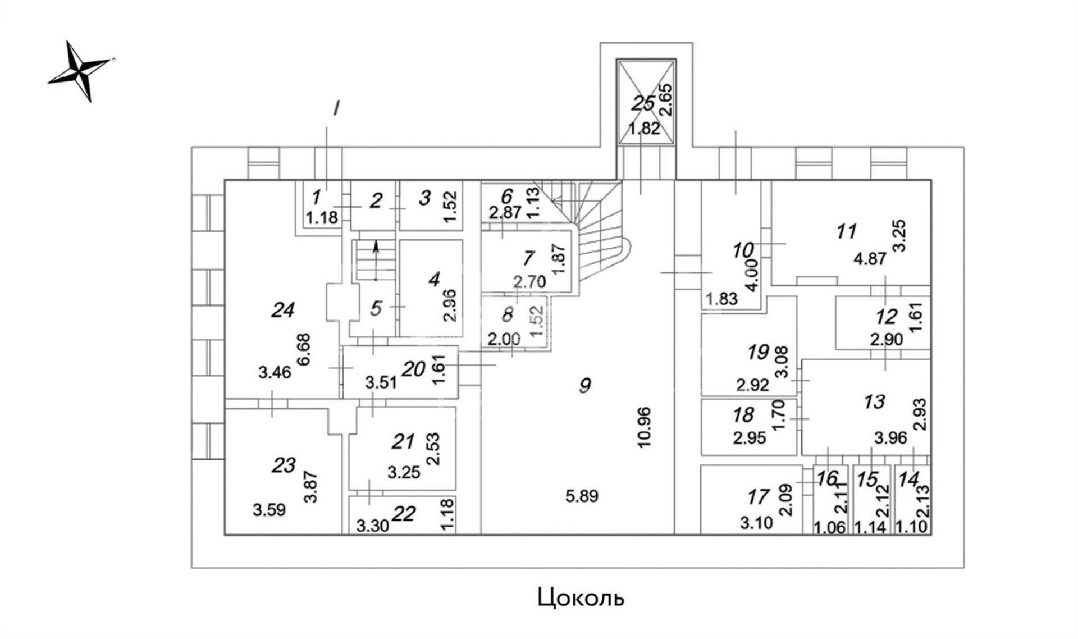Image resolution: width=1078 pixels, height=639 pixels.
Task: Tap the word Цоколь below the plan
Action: coord(580,598)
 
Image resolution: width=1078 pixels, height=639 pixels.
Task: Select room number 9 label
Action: coord(585,385)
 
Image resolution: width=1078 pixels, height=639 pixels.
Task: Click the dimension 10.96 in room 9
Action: coord(644,427)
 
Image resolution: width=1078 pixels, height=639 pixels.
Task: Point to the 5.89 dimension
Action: coord(582,496)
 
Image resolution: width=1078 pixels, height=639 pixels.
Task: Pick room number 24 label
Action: coord(282,309)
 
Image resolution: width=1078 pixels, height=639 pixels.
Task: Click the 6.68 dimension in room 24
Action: coord(304,350)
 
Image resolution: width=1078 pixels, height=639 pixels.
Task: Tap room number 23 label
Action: coord(284,465)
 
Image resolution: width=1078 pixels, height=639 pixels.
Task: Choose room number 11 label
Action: coord(846,231)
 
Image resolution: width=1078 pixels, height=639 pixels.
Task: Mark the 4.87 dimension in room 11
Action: coord(870,259)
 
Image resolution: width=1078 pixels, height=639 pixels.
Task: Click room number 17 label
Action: coord(759,497)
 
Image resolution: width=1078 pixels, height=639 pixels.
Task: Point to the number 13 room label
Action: coord(874,401)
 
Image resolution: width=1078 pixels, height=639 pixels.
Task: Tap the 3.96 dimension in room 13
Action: coord(890,437)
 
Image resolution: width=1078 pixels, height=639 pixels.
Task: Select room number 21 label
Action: coord(403,442)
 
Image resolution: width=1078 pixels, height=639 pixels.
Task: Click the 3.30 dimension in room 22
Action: coord(372,526)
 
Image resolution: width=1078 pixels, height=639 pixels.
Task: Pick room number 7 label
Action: coord(528,258)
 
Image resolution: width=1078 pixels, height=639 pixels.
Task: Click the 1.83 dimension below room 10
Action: coord(721,299)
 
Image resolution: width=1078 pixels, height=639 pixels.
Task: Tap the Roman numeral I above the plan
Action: coord(336,108)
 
